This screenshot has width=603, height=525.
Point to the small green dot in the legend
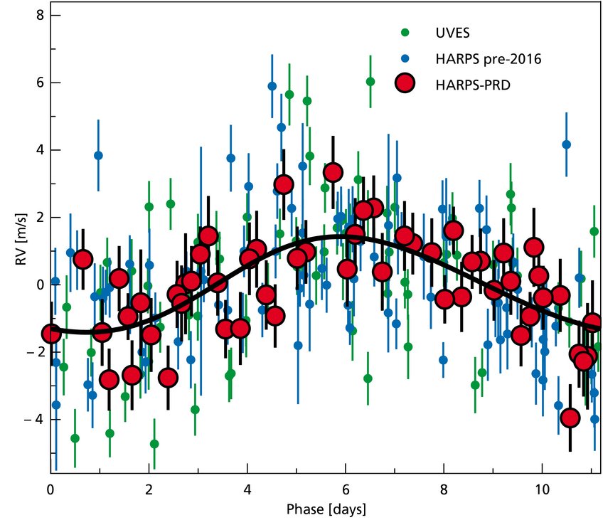tap(405, 32)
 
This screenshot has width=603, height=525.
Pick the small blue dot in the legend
tap(405, 58)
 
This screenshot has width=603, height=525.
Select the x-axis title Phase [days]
tap(325, 510)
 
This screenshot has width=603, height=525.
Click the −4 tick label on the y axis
tap(34, 420)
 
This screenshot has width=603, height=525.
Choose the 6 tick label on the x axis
tap(346, 491)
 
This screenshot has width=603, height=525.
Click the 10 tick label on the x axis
tap(542, 491)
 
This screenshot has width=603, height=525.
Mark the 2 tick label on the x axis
tap(149, 491)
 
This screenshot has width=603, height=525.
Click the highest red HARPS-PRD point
tap(333, 172)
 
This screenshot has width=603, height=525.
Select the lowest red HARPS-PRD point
tap(570, 418)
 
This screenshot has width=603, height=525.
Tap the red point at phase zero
tap(51, 334)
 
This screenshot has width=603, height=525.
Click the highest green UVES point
tap(370, 82)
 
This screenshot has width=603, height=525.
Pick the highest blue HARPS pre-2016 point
tap(272, 86)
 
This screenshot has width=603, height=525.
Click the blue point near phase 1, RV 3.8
tap(98, 155)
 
